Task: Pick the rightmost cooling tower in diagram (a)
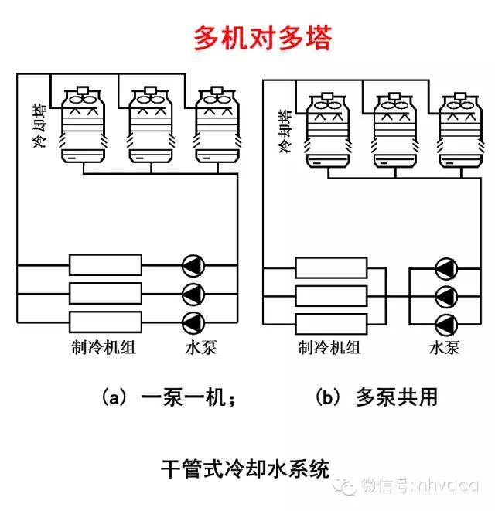click(216, 125)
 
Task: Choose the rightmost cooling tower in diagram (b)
click(459, 129)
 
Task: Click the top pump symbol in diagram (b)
click(445, 268)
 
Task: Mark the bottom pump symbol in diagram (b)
click(445, 323)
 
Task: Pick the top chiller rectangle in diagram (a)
click(105, 265)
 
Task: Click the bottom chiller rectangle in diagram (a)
click(105, 321)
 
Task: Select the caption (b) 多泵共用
click(376, 397)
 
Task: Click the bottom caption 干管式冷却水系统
click(245, 468)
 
